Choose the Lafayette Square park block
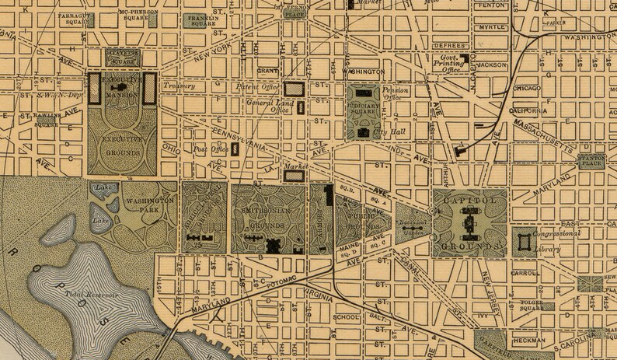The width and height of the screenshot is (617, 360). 124,56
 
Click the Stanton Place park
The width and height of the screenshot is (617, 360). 592,159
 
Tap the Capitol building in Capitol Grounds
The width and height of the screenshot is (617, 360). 469,225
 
